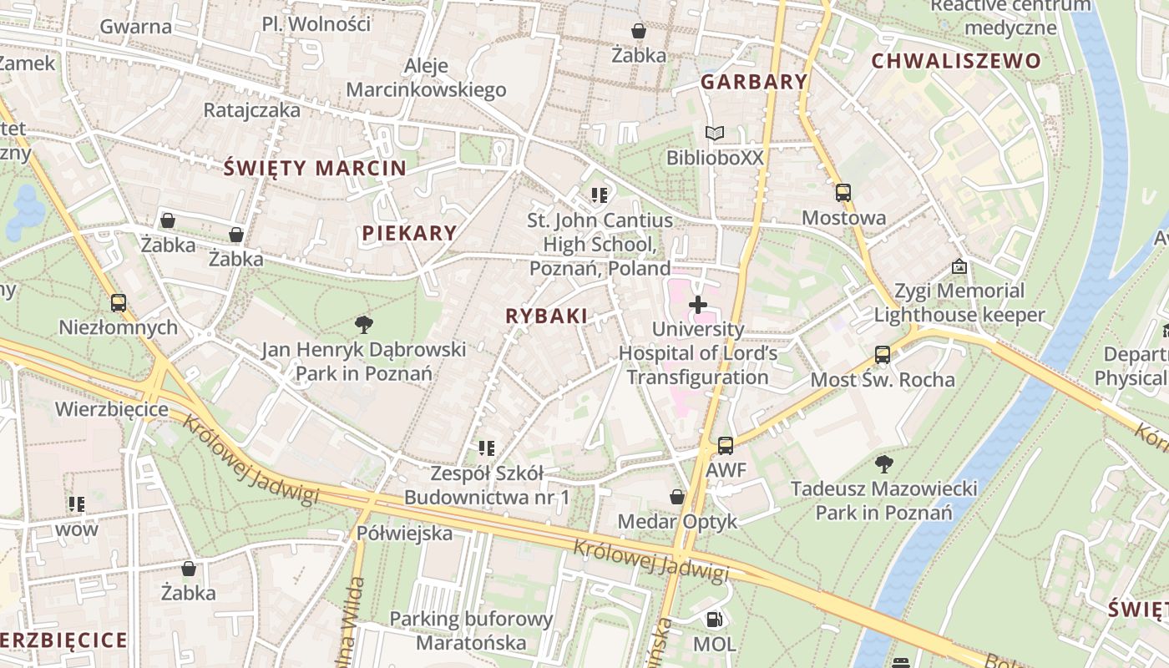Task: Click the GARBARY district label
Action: click(x=754, y=82)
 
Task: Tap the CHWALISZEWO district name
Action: click(x=956, y=61)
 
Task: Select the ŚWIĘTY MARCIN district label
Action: click(x=316, y=168)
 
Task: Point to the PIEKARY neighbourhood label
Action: click(x=409, y=234)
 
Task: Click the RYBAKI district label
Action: click(x=546, y=316)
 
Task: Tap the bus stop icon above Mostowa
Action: click(x=843, y=193)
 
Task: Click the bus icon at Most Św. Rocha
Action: click(x=883, y=355)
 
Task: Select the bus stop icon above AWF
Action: click(x=726, y=446)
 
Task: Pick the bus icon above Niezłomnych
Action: click(x=119, y=303)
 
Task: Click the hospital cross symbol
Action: click(x=698, y=305)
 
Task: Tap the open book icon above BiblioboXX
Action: click(x=715, y=133)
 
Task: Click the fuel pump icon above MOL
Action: click(x=715, y=620)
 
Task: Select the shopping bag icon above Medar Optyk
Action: click(x=677, y=498)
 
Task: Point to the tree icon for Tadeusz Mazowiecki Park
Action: click(x=883, y=463)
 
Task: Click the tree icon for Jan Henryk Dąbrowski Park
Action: click(x=363, y=324)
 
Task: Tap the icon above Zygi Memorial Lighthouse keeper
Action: click(x=959, y=267)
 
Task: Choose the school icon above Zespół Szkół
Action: click(x=487, y=448)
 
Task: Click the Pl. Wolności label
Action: click(x=316, y=24)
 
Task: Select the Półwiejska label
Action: click(x=405, y=533)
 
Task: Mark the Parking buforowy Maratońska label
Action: click(x=472, y=630)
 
